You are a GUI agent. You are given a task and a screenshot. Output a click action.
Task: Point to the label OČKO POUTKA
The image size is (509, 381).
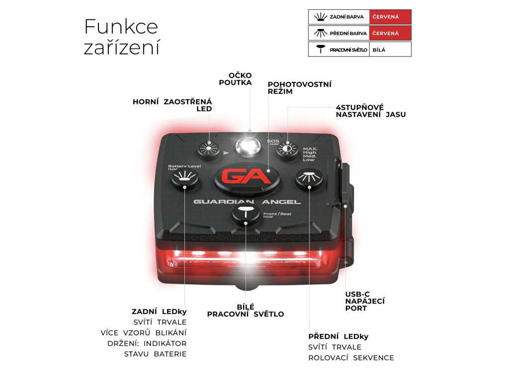coord(235,79)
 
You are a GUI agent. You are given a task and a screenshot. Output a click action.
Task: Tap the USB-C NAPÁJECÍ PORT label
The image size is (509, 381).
coord(365,301)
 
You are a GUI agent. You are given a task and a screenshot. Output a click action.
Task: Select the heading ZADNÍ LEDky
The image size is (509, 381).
coord(159,312)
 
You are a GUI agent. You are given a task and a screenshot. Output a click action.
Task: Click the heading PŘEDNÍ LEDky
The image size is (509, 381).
coord(338,336)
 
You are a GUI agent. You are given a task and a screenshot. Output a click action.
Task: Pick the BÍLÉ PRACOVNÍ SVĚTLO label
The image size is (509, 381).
coord(245,311)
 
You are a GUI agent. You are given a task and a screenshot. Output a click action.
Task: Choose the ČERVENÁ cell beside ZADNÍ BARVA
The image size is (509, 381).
coord(390,17)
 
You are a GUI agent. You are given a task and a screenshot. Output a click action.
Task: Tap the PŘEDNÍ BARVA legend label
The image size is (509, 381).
coord(348,33)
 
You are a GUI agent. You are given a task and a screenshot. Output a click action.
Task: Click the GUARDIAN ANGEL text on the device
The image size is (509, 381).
coord(247,202)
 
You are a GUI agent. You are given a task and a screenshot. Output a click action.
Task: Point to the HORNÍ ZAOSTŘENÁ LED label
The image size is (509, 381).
coord(172,105)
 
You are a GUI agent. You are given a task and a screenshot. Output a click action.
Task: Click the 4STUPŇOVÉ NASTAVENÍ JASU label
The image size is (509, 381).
coord(370,111)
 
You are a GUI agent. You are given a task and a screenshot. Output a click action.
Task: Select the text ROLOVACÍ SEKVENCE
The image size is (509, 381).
coord(351,358)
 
